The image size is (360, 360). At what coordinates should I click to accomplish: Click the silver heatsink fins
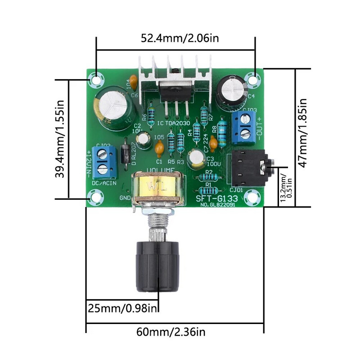[x=175, y=72]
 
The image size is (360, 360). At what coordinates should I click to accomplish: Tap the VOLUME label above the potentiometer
[x=161, y=170]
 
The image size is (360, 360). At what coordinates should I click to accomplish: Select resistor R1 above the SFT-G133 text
[x=208, y=189]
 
